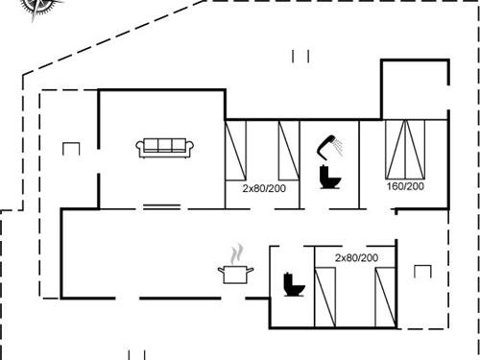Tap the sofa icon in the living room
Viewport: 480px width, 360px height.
point(166,147)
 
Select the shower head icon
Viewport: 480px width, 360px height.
point(328,144)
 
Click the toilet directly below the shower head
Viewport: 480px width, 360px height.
point(329,178)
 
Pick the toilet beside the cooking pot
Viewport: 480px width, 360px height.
point(292,285)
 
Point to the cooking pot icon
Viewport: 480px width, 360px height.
point(236,275)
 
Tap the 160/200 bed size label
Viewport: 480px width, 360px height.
point(404,186)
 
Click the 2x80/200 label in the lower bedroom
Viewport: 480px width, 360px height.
point(356,258)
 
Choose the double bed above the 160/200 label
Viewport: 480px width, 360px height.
point(404,149)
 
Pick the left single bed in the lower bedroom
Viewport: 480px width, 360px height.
point(326,296)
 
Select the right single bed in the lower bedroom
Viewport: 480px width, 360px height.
point(385,296)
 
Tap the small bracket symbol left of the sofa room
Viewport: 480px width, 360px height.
point(69,148)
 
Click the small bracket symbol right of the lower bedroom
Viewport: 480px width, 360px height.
point(422,271)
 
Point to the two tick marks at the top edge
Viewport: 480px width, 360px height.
point(300,57)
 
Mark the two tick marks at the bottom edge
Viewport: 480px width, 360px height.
point(135,353)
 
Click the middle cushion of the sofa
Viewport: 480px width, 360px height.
point(166,145)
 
